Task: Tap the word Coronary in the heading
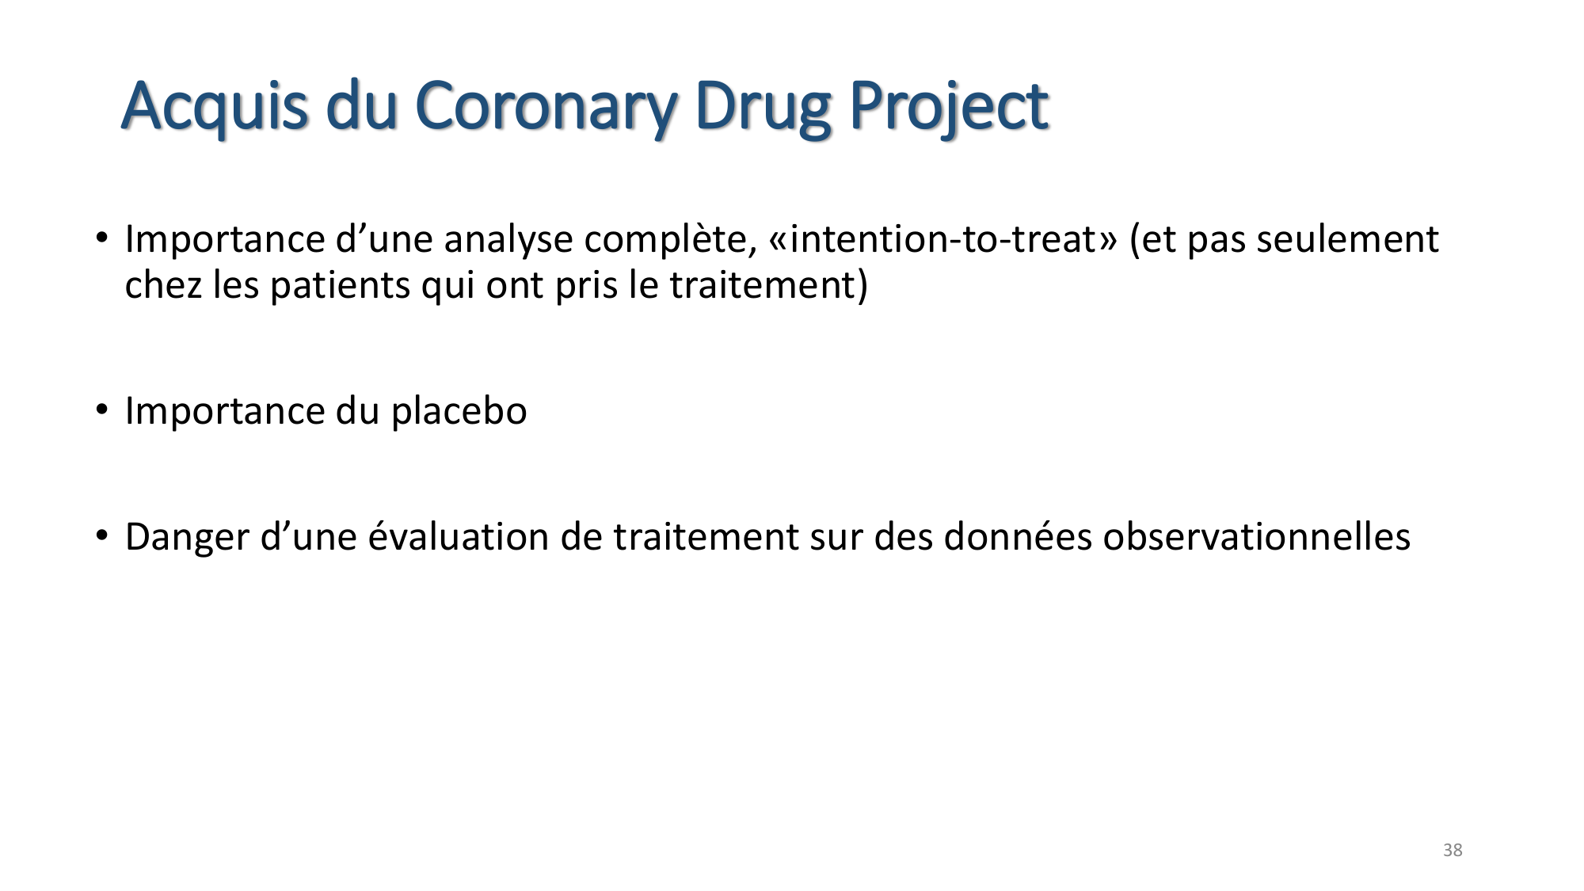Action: click(546, 106)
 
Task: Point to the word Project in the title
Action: click(949, 106)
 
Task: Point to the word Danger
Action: click(187, 538)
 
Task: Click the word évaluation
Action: click(459, 538)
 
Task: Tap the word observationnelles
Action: click(1257, 538)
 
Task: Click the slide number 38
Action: click(1453, 851)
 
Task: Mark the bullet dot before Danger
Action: click(101, 536)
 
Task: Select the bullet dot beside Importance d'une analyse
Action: click(101, 238)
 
